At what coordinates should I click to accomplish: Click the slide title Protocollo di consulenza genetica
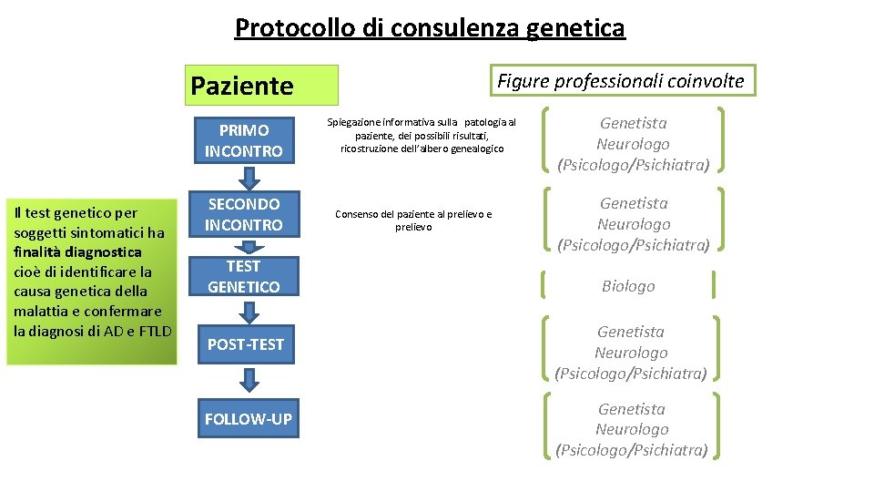pos(430,28)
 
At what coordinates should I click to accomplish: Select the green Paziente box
pos(262,85)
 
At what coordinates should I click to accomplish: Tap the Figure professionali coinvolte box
pos(621,81)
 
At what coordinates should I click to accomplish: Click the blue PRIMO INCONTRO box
pos(244,140)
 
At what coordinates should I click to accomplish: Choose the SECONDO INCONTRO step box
pos(244,214)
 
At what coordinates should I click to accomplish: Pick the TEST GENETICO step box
pos(244,276)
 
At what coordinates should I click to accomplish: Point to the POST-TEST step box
pos(245,344)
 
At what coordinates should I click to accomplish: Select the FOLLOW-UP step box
pos(248,419)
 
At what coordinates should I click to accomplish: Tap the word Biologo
pos(628,286)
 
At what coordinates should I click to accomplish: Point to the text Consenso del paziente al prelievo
pos(413,214)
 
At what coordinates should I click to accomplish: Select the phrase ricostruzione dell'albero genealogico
pos(422,149)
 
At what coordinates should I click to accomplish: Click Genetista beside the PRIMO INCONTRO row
pos(633,123)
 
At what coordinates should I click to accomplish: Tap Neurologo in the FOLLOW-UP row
pos(632,429)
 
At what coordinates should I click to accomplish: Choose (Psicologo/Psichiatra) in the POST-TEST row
pos(631,374)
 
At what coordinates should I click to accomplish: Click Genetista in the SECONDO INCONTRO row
pos(634,203)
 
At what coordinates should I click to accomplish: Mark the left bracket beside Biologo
pos(545,285)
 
